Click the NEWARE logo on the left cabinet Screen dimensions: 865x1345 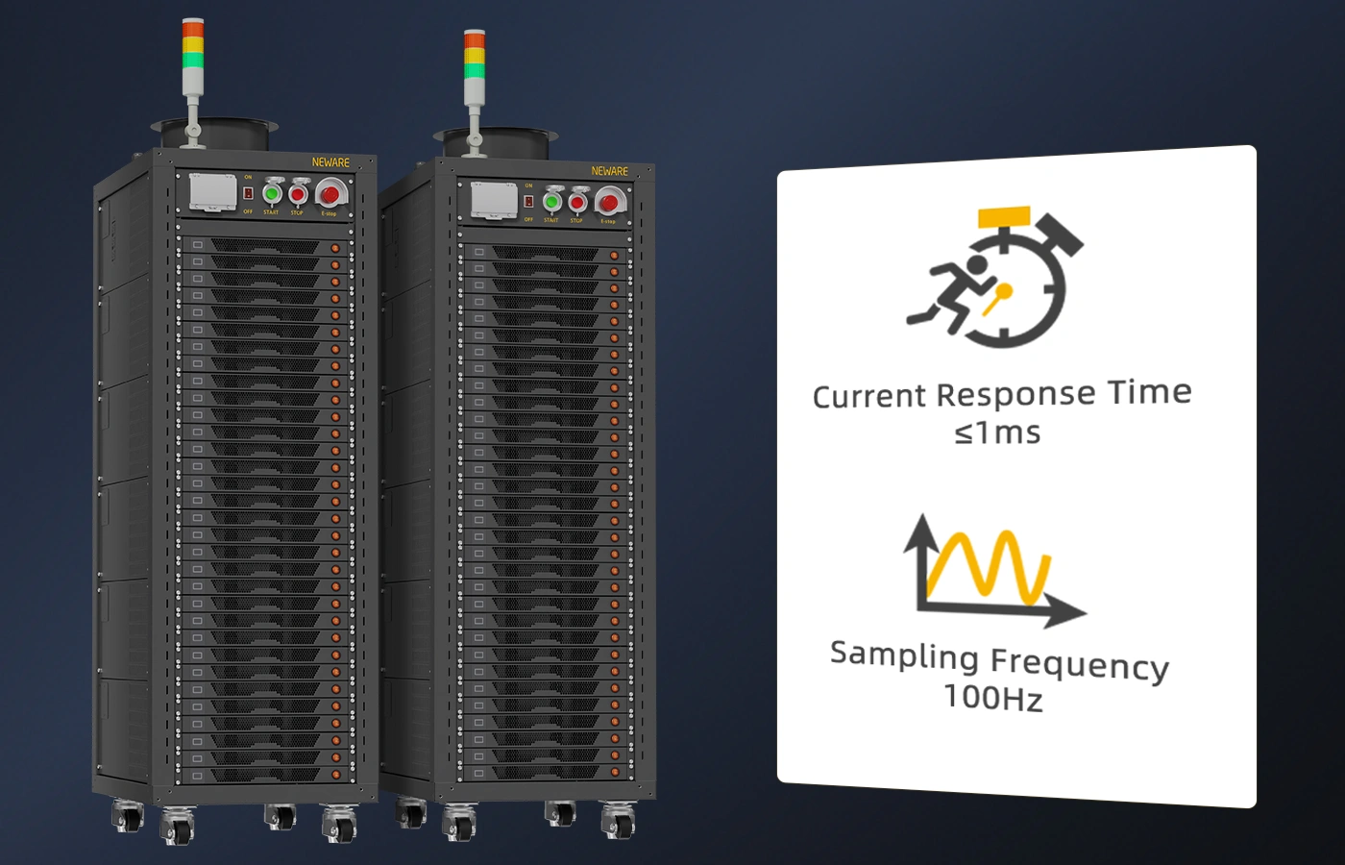330,162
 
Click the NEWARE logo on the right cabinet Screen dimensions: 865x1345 610,171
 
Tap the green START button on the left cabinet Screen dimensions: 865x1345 272,193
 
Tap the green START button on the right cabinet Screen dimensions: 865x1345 551,202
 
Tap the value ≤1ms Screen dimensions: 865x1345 997,433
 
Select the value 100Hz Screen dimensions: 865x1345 992,697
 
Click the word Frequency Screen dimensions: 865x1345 1079,664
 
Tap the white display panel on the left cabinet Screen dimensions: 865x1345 212,191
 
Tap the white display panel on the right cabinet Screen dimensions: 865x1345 494,200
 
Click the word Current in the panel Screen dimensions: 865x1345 869,396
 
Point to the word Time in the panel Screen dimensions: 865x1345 1149,391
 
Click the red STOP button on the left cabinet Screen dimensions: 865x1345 298,194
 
